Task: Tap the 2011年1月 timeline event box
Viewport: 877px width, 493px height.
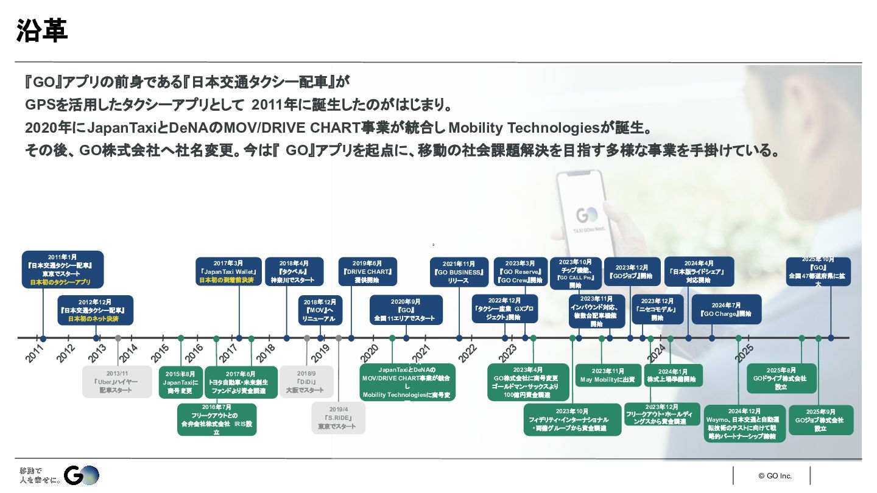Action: click(63, 269)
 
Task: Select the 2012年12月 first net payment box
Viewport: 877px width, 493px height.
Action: click(95, 310)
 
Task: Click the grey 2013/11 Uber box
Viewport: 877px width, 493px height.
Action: click(117, 382)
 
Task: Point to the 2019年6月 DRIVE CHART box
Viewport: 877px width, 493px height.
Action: click(367, 271)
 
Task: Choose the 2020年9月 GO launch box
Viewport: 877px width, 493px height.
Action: click(406, 310)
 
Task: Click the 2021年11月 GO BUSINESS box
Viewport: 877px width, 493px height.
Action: click(459, 272)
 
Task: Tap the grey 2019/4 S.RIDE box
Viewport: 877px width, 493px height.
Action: click(338, 418)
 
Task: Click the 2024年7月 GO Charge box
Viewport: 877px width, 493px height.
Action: click(726, 310)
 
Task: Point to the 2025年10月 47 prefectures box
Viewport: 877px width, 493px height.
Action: click(818, 271)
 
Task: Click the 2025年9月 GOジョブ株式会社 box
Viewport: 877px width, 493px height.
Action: click(820, 420)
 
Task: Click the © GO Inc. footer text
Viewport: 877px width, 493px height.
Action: click(775, 475)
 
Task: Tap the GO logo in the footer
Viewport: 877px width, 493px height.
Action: click(82, 475)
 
